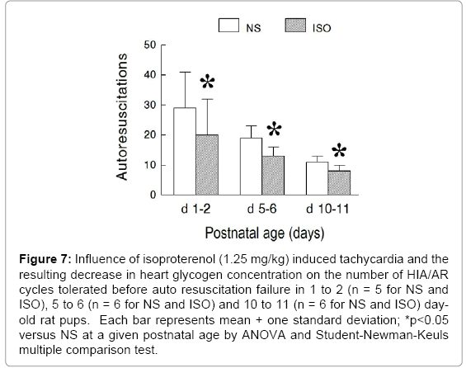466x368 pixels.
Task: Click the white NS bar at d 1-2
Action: click(185, 151)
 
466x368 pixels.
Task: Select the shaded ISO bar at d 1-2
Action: click(207, 165)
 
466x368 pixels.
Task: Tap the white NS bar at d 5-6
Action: click(251, 167)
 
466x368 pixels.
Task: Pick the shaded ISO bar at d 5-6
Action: click(273, 176)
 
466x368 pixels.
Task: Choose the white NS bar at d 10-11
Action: click(317, 179)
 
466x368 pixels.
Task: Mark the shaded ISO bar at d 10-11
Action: click(339, 183)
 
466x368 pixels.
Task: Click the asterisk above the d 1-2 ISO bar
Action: click(207, 82)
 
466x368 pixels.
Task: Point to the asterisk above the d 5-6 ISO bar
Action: click(274, 129)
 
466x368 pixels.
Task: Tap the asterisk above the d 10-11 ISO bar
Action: click(339, 150)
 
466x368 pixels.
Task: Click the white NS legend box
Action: click(228, 26)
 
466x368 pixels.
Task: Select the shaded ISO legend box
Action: click(295, 26)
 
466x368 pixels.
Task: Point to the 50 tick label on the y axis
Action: click(150, 45)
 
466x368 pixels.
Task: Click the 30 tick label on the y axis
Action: click(150, 105)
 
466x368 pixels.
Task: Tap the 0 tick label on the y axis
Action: click(153, 195)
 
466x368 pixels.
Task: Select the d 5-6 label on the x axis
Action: click(261, 209)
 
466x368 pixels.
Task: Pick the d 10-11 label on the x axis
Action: click(327, 209)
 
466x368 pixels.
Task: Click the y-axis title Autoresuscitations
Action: click(121, 117)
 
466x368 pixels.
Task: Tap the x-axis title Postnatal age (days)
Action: click(265, 234)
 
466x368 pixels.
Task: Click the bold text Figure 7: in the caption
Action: click(45, 260)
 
